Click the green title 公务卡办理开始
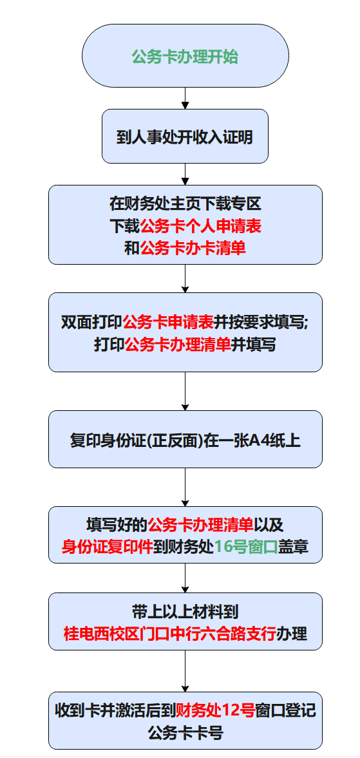(x=185, y=57)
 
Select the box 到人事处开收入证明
(x=185, y=137)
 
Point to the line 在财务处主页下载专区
(x=185, y=204)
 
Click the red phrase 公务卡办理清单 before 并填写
(x=178, y=345)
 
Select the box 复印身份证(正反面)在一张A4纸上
(x=185, y=439)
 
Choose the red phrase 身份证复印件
(x=108, y=547)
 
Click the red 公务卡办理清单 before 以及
(x=200, y=524)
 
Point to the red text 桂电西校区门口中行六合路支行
(x=169, y=633)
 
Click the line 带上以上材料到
(x=185, y=611)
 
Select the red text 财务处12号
(x=216, y=710)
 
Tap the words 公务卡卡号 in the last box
(x=185, y=733)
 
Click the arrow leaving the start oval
(x=185, y=98)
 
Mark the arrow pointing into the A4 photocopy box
(x=185, y=392)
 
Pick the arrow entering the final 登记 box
(x=185, y=671)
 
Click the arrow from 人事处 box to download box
(x=185, y=174)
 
